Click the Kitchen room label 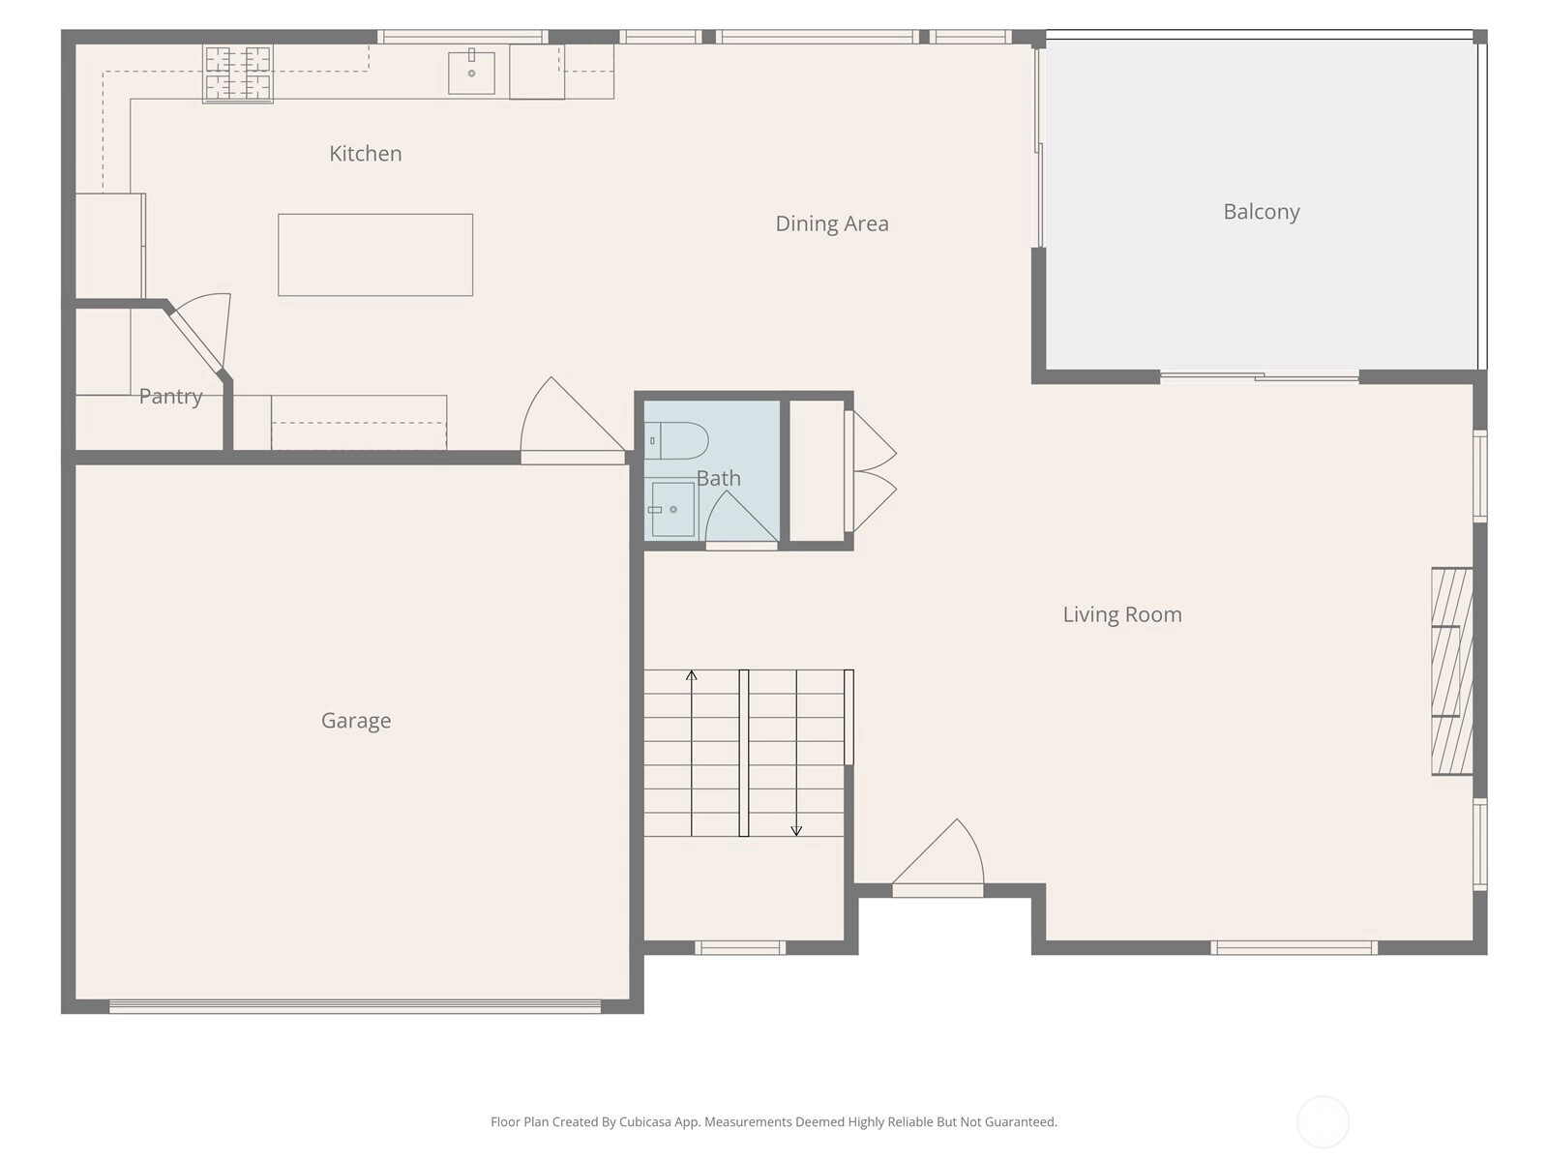(366, 154)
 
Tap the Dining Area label (831, 223)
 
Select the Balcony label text (1261, 212)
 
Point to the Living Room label (1122, 614)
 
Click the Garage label (356, 721)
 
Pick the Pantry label (170, 396)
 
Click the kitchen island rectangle (375, 254)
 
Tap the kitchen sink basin (471, 73)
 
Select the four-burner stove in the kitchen (238, 74)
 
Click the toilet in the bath (676, 440)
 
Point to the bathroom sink (671, 509)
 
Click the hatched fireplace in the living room (1451, 671)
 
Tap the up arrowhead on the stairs (691, 675)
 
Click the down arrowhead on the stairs (796, 831)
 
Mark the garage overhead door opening (355, 1006)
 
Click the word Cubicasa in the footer (644, 1121)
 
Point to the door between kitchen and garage (573, 421)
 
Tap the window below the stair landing (740, 948)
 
